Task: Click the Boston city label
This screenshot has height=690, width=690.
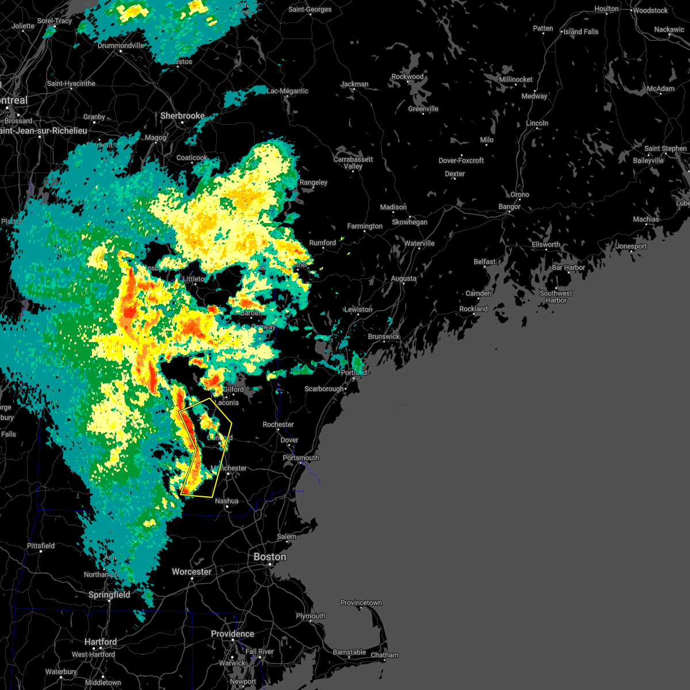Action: tap(270, 557)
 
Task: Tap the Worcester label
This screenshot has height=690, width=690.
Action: tap(191, 572)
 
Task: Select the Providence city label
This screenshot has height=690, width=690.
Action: tap(232, 634)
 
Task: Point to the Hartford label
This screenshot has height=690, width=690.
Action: tap(101, 642)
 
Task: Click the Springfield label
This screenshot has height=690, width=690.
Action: tap(109, 595)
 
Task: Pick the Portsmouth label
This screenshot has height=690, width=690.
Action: tap(301, 458)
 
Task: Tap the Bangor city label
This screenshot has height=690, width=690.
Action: tap(509, 206)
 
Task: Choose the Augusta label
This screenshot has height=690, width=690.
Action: tap(404, 278)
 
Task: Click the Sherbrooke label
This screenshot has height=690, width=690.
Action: tap(182, 116)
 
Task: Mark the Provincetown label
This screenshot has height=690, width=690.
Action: tap(361, 603)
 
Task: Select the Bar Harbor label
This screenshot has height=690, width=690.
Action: tap(568, 267)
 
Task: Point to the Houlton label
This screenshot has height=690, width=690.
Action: tap(607, 9)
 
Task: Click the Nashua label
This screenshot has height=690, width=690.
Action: tap(227, 501)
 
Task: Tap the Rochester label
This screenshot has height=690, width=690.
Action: tap(278, 424)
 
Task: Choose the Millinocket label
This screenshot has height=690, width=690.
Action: tap(516, 79)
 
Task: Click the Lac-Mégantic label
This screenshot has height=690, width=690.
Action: tap(287, 91)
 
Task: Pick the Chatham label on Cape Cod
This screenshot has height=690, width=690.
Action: tap(385, 655)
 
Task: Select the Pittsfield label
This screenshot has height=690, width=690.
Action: tap(41, 546)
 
